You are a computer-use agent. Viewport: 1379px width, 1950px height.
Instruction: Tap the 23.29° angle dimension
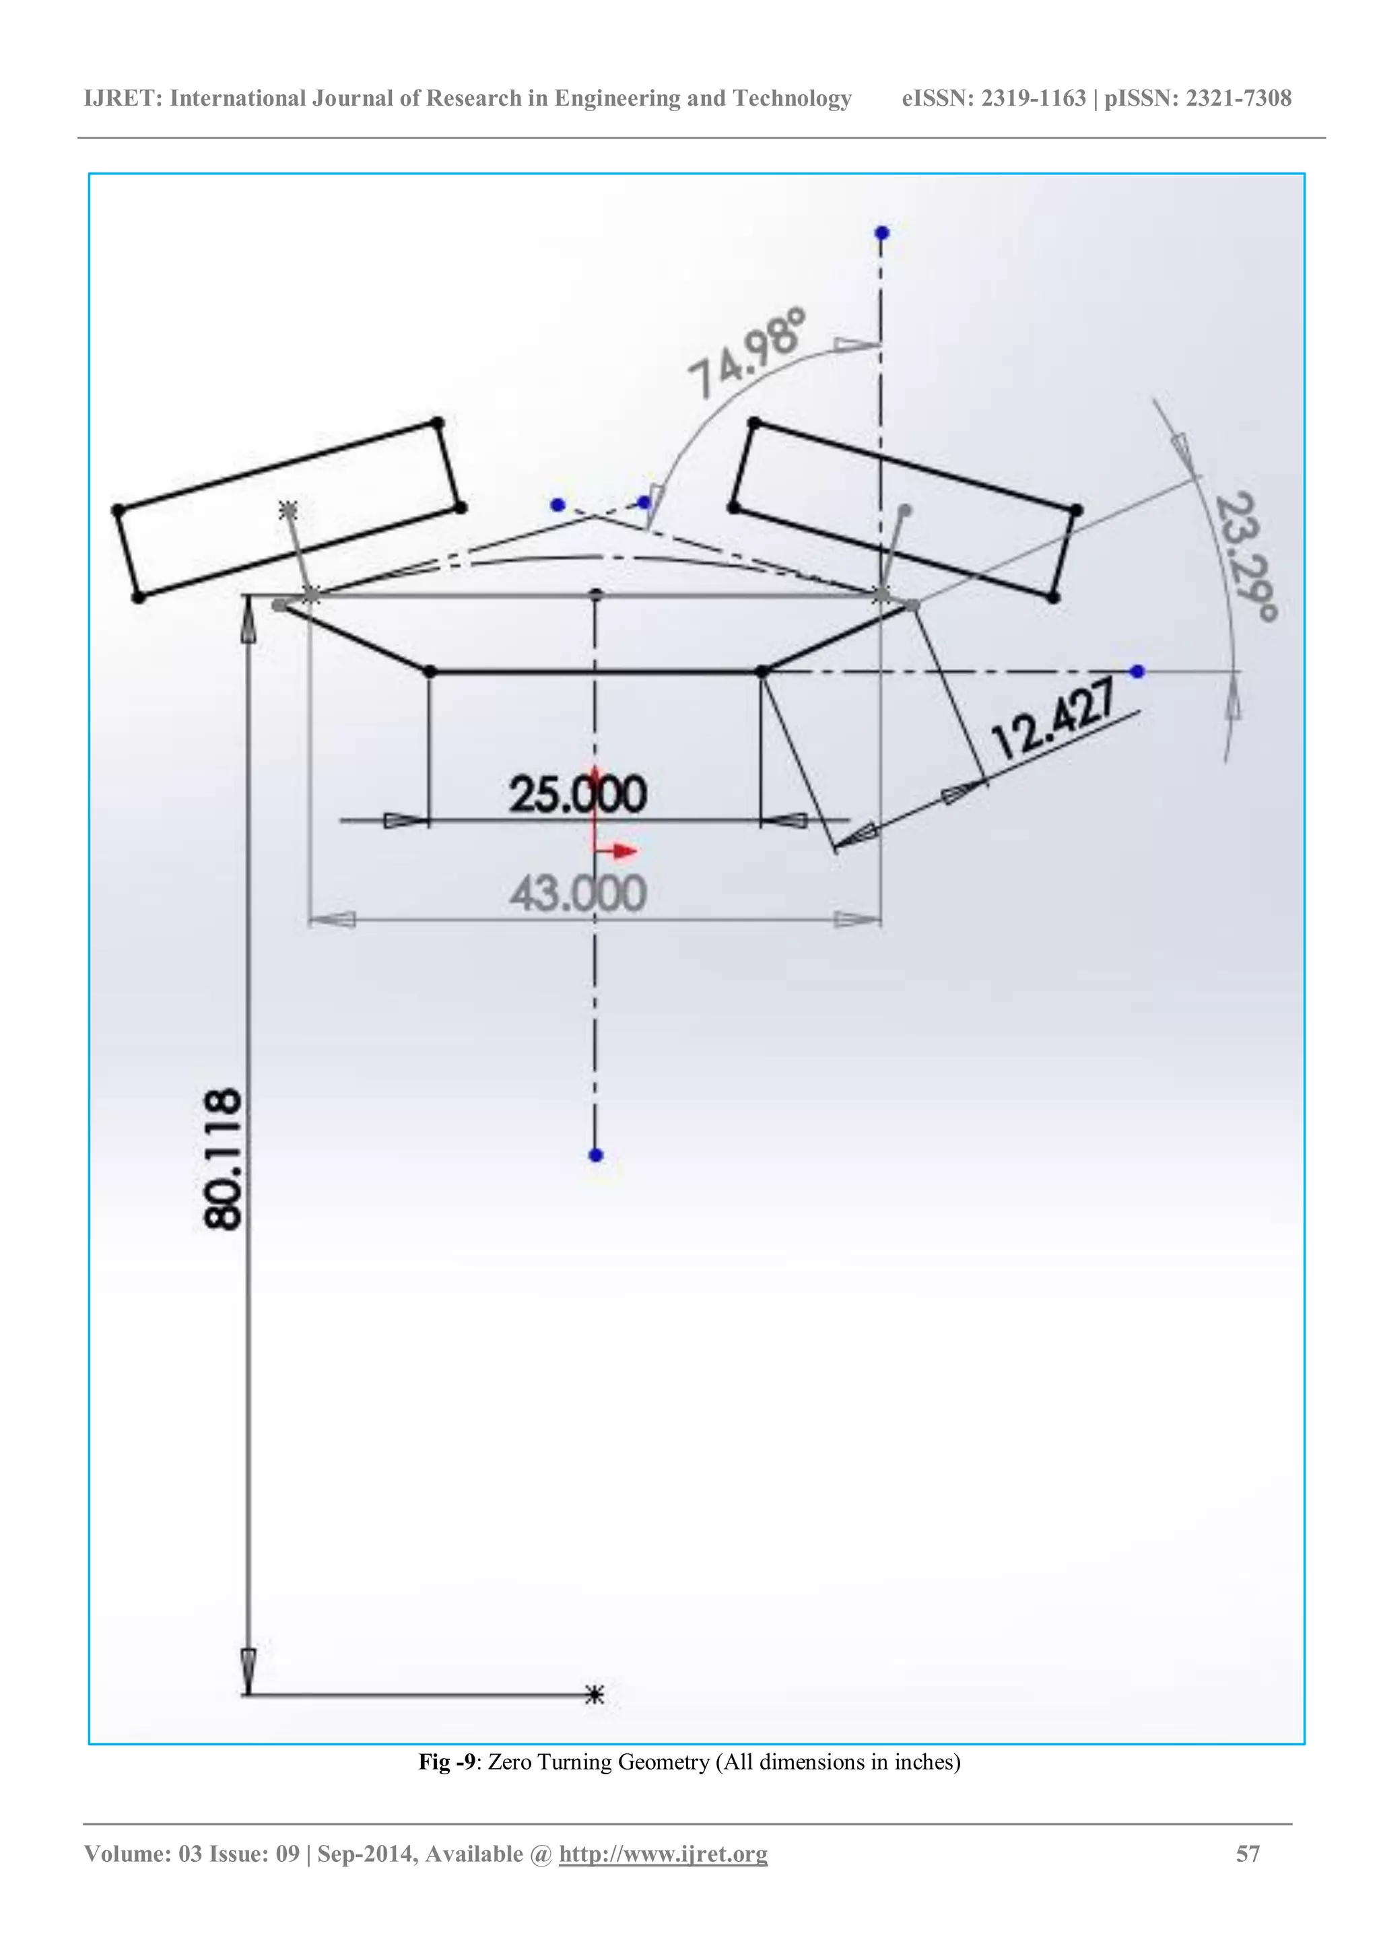coord(1245,556)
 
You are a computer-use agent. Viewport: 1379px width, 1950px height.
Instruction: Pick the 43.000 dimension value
coord(578,894)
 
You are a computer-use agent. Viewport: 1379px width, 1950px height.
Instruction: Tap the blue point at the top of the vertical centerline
coord(881,233)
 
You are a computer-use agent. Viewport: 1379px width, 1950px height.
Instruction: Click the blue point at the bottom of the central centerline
coord(595,1155)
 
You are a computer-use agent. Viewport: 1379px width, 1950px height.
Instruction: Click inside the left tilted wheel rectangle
coord(289,510)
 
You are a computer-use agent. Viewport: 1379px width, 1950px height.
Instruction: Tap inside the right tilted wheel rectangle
coord(905,510)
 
